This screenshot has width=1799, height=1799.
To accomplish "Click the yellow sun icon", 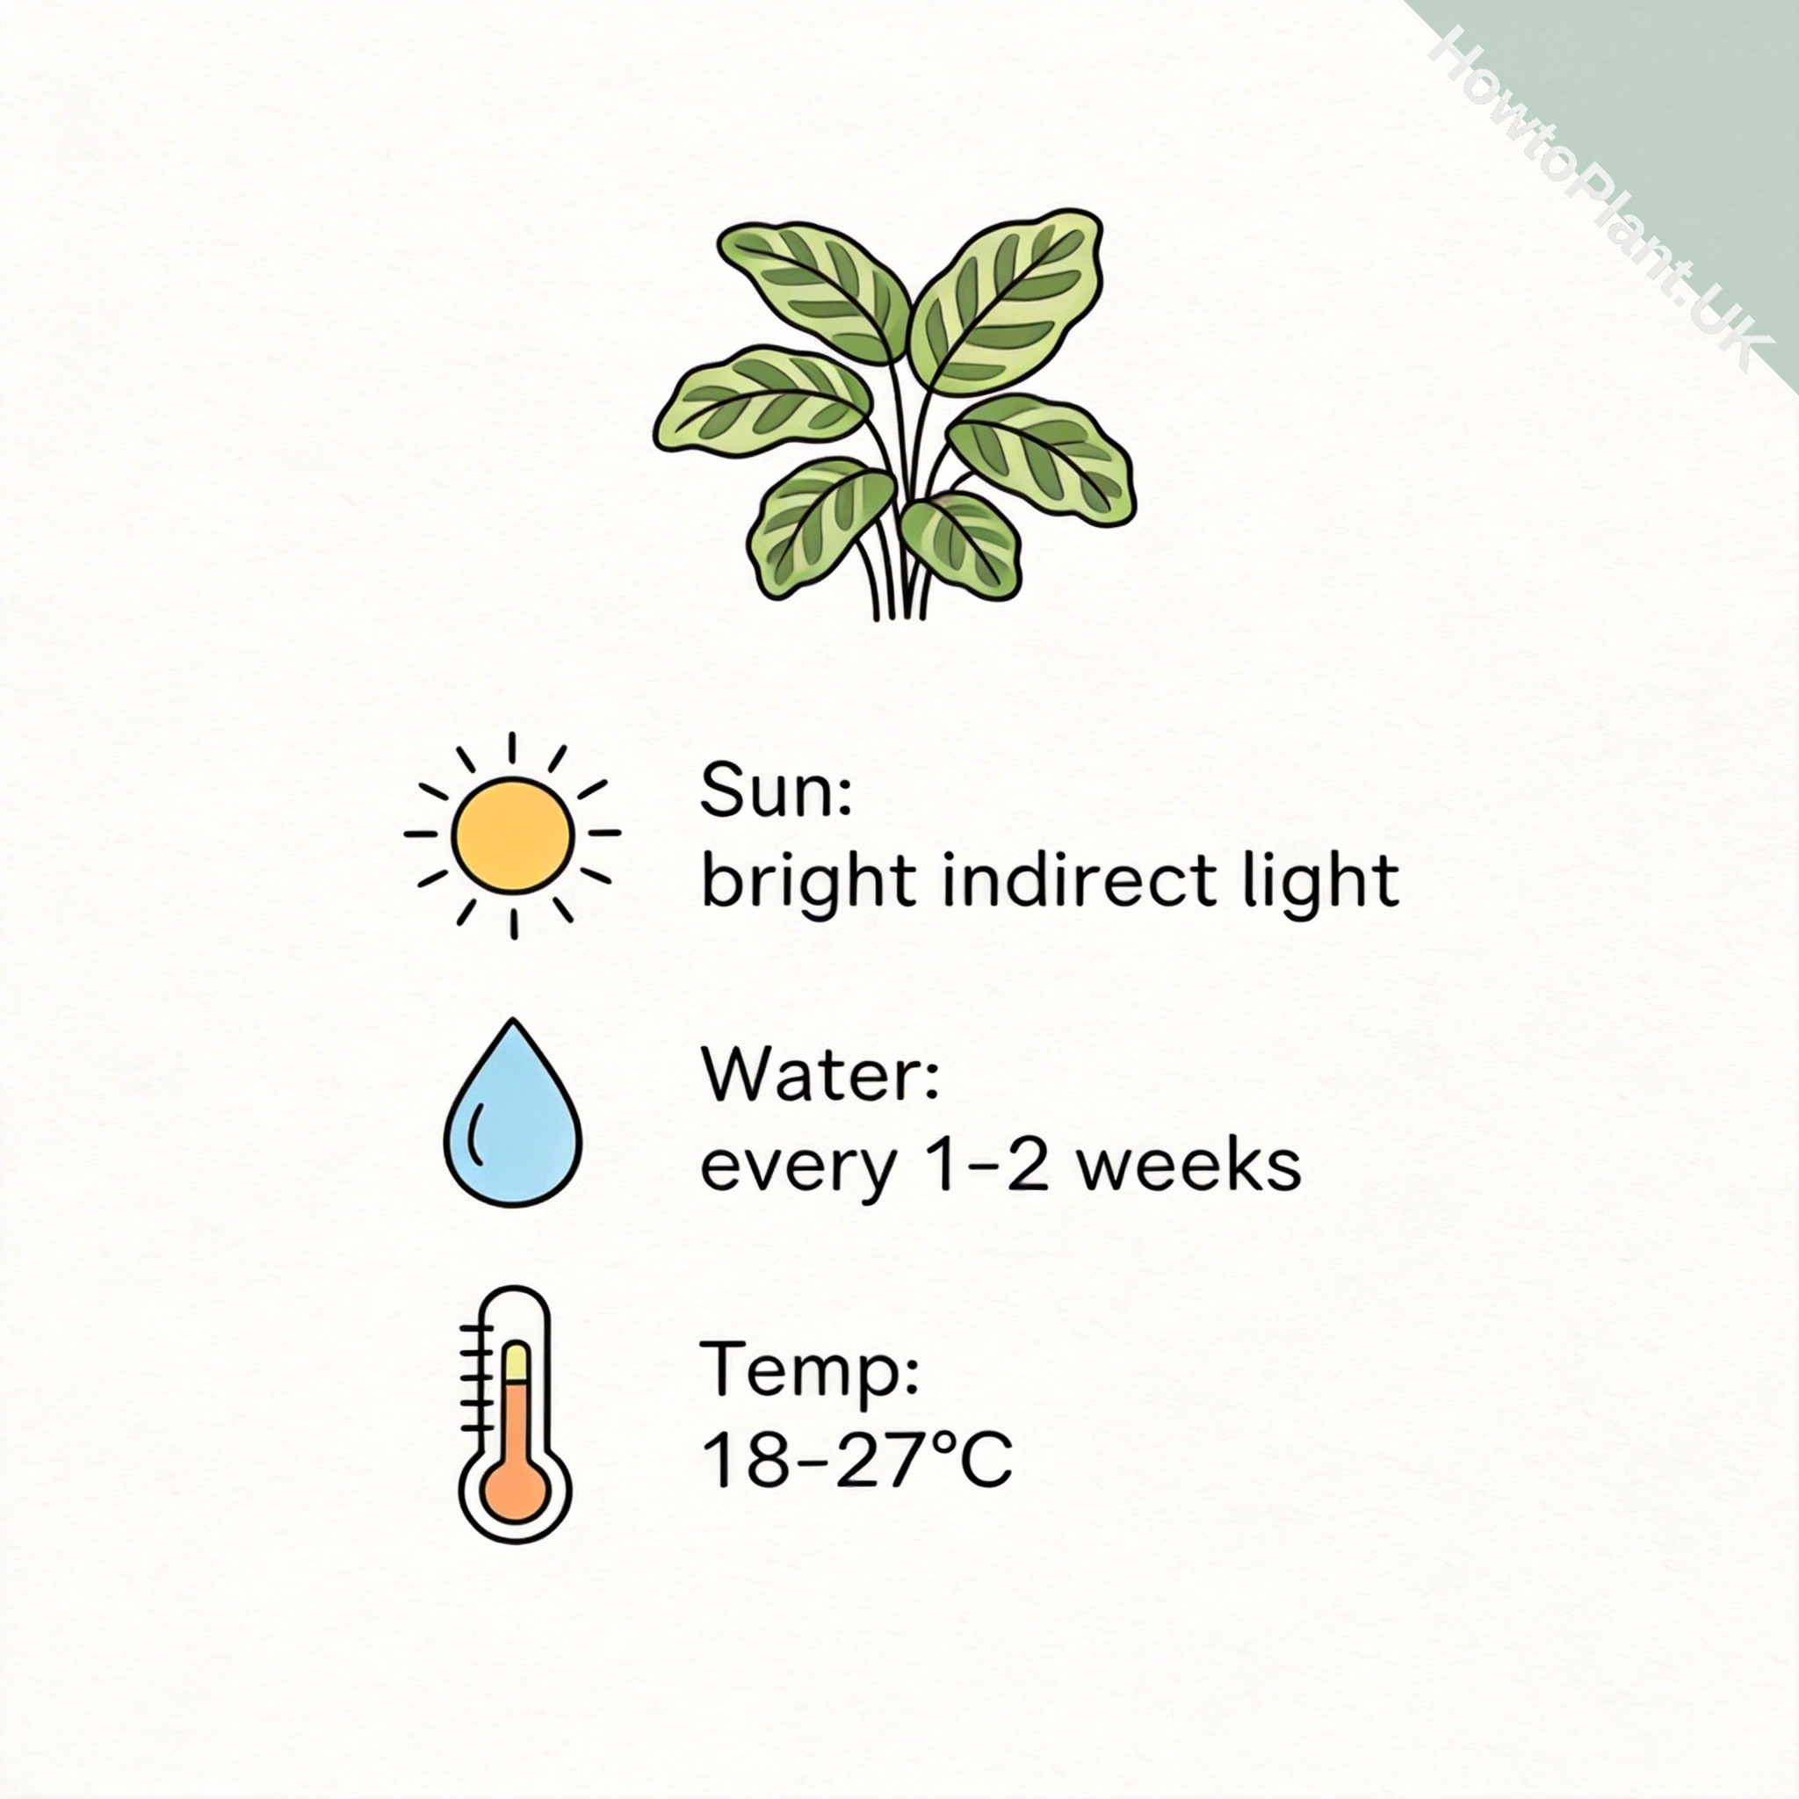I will (512, 834).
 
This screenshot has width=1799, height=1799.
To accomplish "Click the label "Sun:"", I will (776, 791).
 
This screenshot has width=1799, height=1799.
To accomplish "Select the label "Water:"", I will (820, 1075).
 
